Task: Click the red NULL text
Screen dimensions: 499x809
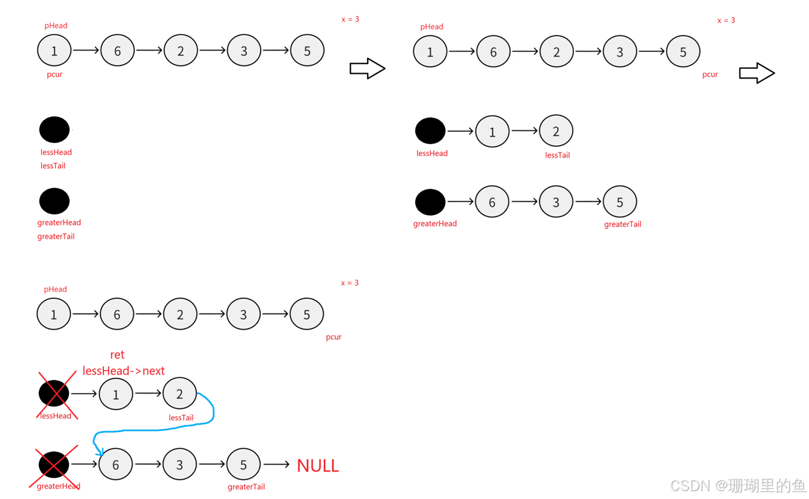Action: point(318,466)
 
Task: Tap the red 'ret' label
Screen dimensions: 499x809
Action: point(117,355)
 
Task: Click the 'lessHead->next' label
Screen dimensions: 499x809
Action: point(124,370)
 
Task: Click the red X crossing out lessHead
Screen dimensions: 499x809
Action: point(55,394)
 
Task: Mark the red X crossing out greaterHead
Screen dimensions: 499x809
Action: point(55,465)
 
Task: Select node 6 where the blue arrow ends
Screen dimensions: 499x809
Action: point(116,465)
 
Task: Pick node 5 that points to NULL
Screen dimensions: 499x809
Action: point(243,465)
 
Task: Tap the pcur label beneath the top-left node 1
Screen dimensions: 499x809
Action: point(55,75)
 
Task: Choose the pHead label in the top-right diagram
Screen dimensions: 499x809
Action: point(432,27)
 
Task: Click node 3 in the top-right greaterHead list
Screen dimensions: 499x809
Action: point(556,202)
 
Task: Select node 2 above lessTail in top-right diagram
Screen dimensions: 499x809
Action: point(556,131)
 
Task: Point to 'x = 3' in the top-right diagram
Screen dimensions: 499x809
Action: point(726,20)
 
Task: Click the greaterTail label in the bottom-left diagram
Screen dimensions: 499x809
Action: point(247,487)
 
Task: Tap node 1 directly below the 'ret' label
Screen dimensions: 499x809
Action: point(116,394)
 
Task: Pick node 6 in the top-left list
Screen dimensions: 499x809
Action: point(117,51)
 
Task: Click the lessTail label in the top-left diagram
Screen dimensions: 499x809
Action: point(53,166)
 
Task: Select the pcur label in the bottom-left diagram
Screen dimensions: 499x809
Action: point(334,337)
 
